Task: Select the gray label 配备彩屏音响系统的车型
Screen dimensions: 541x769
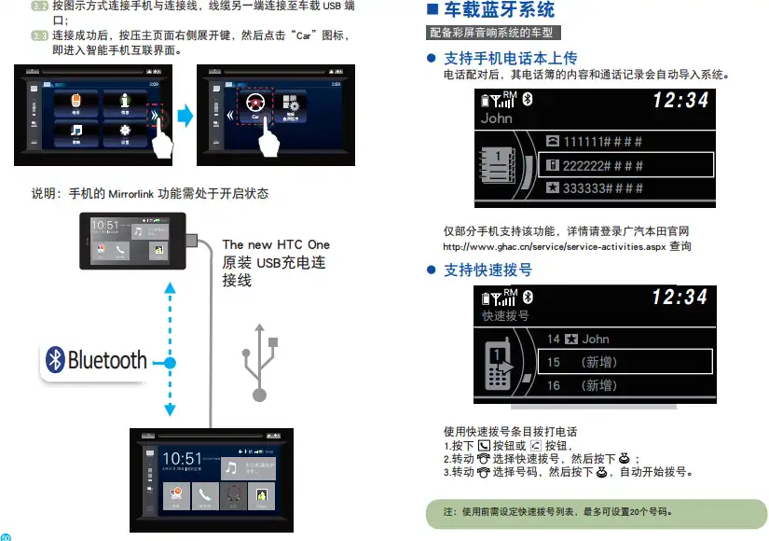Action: (491, 33)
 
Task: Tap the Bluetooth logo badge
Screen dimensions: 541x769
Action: (97, 361)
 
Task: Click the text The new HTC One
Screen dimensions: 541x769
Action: (276, 245)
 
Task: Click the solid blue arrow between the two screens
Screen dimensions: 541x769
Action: (185, 117)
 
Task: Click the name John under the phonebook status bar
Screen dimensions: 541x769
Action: (497, 118)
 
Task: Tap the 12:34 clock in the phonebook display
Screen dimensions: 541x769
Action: (680, 100)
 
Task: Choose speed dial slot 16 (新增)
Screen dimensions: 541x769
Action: (583, 385)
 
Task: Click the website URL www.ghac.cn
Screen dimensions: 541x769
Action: (555, 247)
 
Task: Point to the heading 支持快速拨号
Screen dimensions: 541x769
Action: (487, 270)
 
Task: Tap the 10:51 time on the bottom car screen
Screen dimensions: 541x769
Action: (182, 459)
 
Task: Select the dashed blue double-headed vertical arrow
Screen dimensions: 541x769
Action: (170, 352)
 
